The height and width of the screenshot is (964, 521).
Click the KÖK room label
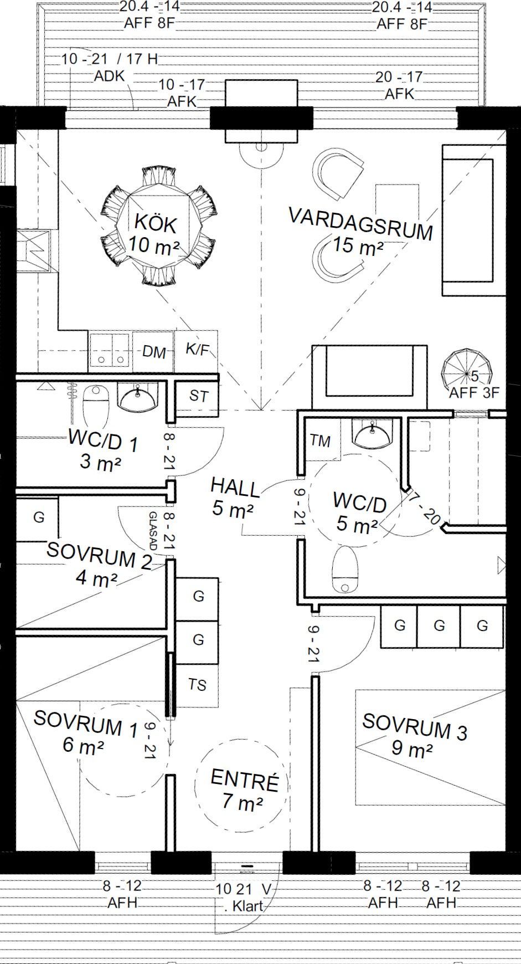point(156,224)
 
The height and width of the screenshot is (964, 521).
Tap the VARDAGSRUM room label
point(360,223)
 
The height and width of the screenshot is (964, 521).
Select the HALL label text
point(235,487)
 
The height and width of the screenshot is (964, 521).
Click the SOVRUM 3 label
point(415,726)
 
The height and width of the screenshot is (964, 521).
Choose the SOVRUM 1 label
point(86,722)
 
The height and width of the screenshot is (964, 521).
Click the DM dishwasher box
point(153,351)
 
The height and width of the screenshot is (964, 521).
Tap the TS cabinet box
point(197,685)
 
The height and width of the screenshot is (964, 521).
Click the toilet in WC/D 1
point(96,407)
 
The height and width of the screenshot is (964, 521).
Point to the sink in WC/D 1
point(137,398)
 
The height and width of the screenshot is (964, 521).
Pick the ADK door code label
point(110,76)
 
